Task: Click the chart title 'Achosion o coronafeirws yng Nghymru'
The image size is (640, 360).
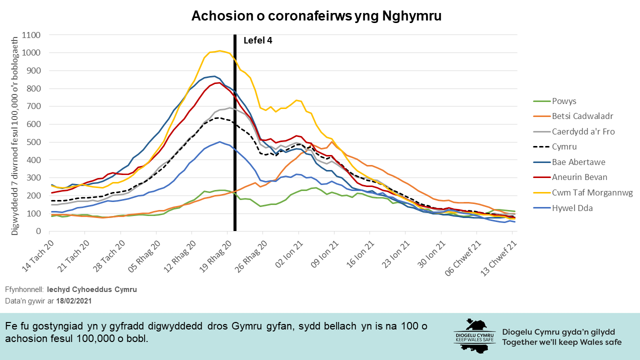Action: click(316, 16)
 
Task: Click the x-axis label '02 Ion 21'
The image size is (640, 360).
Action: click(287, 252)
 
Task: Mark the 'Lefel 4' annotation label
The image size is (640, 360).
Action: click(258, 40)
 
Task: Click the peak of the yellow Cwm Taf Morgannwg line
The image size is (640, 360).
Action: click(219, 50)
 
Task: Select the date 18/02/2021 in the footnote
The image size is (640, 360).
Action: click(74, 301)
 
